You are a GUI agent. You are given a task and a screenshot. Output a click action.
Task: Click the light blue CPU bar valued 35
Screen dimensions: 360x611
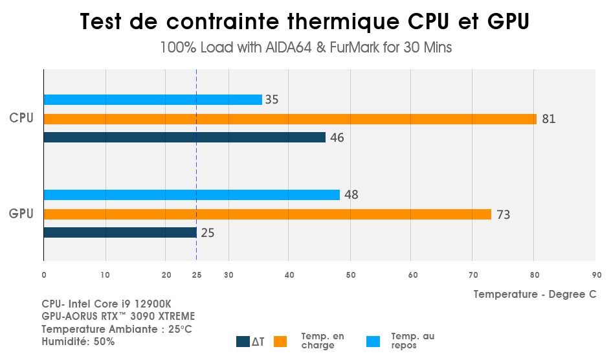(x=153, y=100)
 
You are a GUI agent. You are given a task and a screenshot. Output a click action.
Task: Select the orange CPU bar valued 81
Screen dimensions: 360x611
(x=290, y=119)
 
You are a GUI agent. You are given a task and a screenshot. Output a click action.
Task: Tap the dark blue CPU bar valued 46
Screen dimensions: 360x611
(x=184, y=137)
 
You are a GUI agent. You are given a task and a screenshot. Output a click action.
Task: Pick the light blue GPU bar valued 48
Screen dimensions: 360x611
(x=192, y=195)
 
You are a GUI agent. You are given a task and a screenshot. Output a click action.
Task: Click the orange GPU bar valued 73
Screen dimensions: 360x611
(x=267, y=214)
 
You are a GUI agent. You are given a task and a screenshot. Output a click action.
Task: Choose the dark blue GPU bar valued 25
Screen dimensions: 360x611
(x=120, y=232)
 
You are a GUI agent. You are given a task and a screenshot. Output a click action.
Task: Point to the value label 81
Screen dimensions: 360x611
(x=549, y=119)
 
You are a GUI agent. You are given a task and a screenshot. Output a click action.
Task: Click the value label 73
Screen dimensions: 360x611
(x=503, y=215)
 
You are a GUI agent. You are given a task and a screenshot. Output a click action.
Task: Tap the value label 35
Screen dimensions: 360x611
(x=272, y=100)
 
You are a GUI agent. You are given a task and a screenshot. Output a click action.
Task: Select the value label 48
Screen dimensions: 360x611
(x=351, y=195)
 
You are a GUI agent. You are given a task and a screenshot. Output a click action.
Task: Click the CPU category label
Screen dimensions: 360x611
(x=21, y=118)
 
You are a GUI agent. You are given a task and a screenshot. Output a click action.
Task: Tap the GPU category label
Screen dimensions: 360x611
(x=21, y=213)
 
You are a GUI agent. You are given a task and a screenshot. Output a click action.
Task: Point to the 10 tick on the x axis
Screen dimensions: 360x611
(x=105, y=275)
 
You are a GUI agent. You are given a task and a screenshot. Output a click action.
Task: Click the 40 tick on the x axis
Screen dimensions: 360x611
(x=289, y=275)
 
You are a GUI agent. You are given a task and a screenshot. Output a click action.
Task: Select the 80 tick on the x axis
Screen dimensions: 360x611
(x=534, y=275)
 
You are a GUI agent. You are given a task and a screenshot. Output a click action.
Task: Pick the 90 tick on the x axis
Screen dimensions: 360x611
(x=595, y=275)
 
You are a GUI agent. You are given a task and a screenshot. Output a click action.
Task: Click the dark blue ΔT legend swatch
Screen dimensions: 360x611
(x=243, y=342)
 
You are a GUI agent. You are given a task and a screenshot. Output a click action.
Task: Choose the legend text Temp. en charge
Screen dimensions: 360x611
(x=322, y=341)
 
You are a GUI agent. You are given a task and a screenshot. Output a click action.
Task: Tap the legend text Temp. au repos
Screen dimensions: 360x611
(x=412, y=341)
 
